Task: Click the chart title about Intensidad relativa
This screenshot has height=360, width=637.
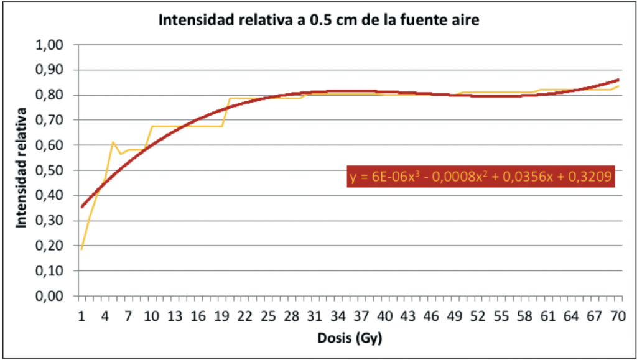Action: click(x=319, y=21)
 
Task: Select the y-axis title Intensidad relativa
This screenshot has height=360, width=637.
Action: click(x=22, y=168)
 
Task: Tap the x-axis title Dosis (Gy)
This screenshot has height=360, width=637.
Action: click(x=350, y=338)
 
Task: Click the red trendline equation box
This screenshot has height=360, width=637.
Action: click(x=481, y=177)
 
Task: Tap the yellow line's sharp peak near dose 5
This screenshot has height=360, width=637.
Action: click(x=113, y=142)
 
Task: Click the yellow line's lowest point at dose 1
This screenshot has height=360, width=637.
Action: click(x=81, y=249)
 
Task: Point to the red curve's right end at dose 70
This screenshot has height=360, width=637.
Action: click(x=618, y=80)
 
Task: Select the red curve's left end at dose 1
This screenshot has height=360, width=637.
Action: click(x=82, y=206)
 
